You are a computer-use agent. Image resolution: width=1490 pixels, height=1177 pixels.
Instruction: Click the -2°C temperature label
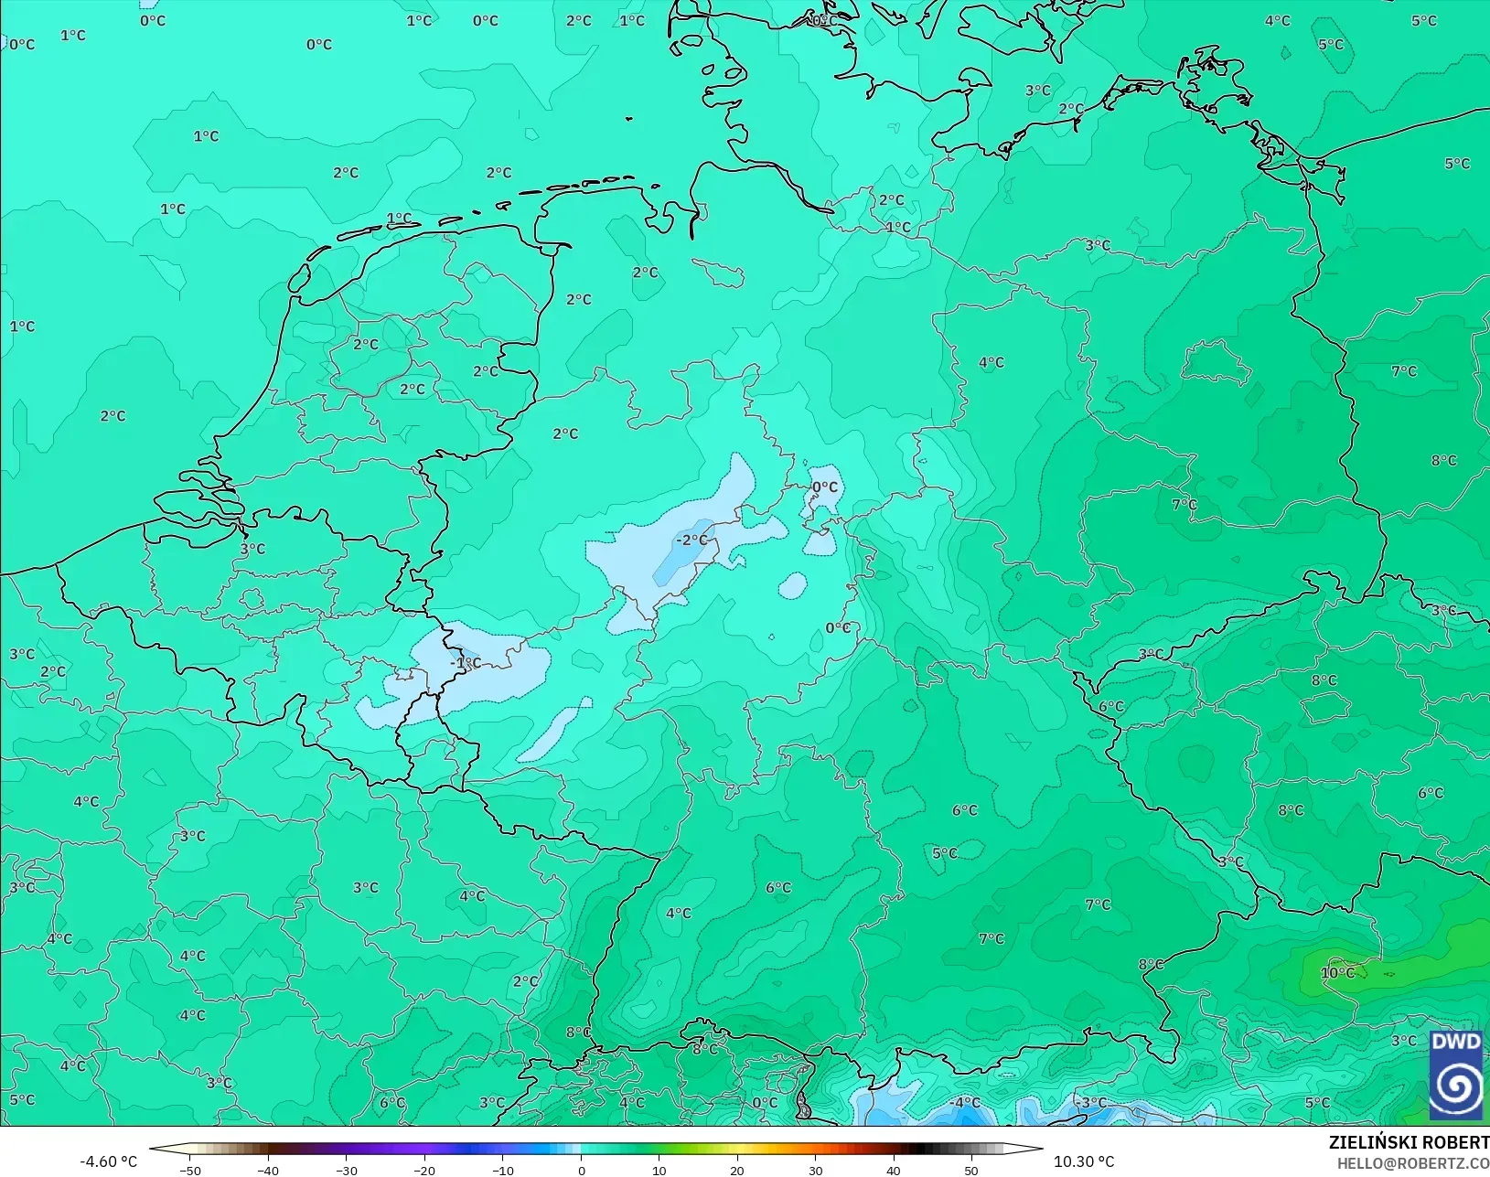tap(692, 540)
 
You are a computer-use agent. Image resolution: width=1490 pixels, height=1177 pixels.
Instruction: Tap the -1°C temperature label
tap(466, 663)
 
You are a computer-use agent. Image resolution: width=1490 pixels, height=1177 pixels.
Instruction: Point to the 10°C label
tap(1337, 973)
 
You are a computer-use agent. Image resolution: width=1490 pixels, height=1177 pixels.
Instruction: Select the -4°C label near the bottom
tap(965, 1103)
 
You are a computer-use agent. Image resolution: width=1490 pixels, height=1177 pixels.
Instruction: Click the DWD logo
tap(1455, 1075)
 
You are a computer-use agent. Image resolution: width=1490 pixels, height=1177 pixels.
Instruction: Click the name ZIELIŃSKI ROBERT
tap(1409, 1143)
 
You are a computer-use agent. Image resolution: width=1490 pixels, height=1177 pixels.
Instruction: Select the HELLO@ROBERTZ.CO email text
tap(1413, 1164)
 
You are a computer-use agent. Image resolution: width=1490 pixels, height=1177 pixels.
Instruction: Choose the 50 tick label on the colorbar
tap(971, 1171)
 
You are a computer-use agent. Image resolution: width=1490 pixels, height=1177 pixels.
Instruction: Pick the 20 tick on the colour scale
tap(737, 1171)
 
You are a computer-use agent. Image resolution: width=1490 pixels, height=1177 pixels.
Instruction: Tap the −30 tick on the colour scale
tap(346, 1171)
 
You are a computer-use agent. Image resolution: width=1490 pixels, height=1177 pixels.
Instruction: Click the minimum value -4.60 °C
tap(108, 1162)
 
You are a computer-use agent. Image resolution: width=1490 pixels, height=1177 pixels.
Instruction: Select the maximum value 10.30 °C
tap(1084, 1162)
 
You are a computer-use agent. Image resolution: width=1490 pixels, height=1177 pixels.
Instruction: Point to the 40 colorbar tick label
tap(894, 1171)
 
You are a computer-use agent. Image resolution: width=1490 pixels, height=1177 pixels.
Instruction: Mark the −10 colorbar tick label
tap(502, 1171)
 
